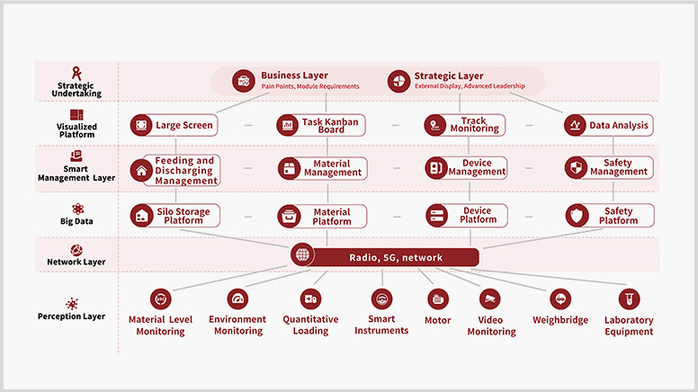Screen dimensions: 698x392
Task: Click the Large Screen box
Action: pos(174,125)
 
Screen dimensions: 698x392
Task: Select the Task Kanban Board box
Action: pos(321,125)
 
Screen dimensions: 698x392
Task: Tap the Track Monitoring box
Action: pos(465,125)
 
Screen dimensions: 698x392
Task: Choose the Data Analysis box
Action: pos(609,125)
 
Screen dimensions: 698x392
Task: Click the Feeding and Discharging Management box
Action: pos(175,170)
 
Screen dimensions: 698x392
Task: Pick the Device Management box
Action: pos(466,167)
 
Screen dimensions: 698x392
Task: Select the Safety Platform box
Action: pos(610,216)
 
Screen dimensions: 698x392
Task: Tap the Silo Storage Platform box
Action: pos(174,216)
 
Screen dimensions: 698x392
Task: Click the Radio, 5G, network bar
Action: pos(395,257)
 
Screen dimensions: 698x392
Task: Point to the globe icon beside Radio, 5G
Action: pos(302,254)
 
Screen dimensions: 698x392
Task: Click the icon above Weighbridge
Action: pos(560,299)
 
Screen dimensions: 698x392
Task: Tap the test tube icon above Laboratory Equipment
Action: pos(629,299)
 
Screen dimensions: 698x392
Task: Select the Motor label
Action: pos(437,320)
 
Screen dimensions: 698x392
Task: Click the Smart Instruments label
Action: pos(381,325)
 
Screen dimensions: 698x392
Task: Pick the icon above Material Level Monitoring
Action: pos(161,299)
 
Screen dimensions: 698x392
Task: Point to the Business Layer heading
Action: pos(294,76)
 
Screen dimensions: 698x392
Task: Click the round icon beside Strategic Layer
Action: pos(398,81)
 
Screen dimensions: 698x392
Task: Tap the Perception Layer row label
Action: pos(71,316)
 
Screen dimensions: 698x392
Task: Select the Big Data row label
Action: pos(76,221)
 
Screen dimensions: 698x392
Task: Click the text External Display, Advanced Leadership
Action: pos(470,86)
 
